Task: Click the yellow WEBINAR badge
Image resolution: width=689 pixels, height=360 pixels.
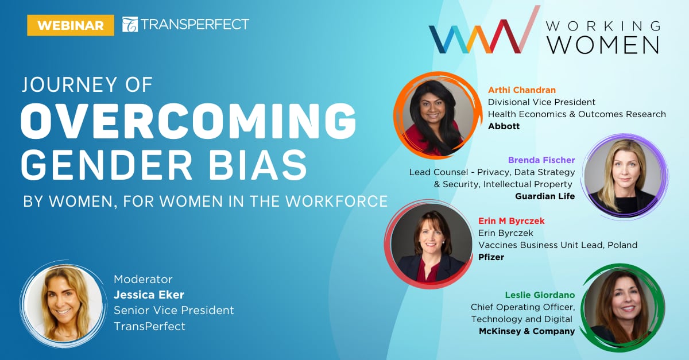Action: [x=71, y=25]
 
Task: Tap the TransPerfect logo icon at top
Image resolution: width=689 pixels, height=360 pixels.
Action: [x=130, y=25]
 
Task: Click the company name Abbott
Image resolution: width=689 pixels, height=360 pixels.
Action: [x=504, y=126]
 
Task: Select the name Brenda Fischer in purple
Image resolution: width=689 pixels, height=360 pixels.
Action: [x=541, y=160]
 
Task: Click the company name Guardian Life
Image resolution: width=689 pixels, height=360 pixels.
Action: [x=545, y=196]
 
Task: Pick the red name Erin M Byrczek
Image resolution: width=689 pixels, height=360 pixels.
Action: [x=512, y=221]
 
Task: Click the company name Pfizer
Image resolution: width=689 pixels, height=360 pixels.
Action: [x=491, y=257]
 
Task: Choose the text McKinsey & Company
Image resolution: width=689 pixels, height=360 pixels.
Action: [x=527, y=331]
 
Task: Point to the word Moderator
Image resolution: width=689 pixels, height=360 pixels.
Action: [x=143, y=280]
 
